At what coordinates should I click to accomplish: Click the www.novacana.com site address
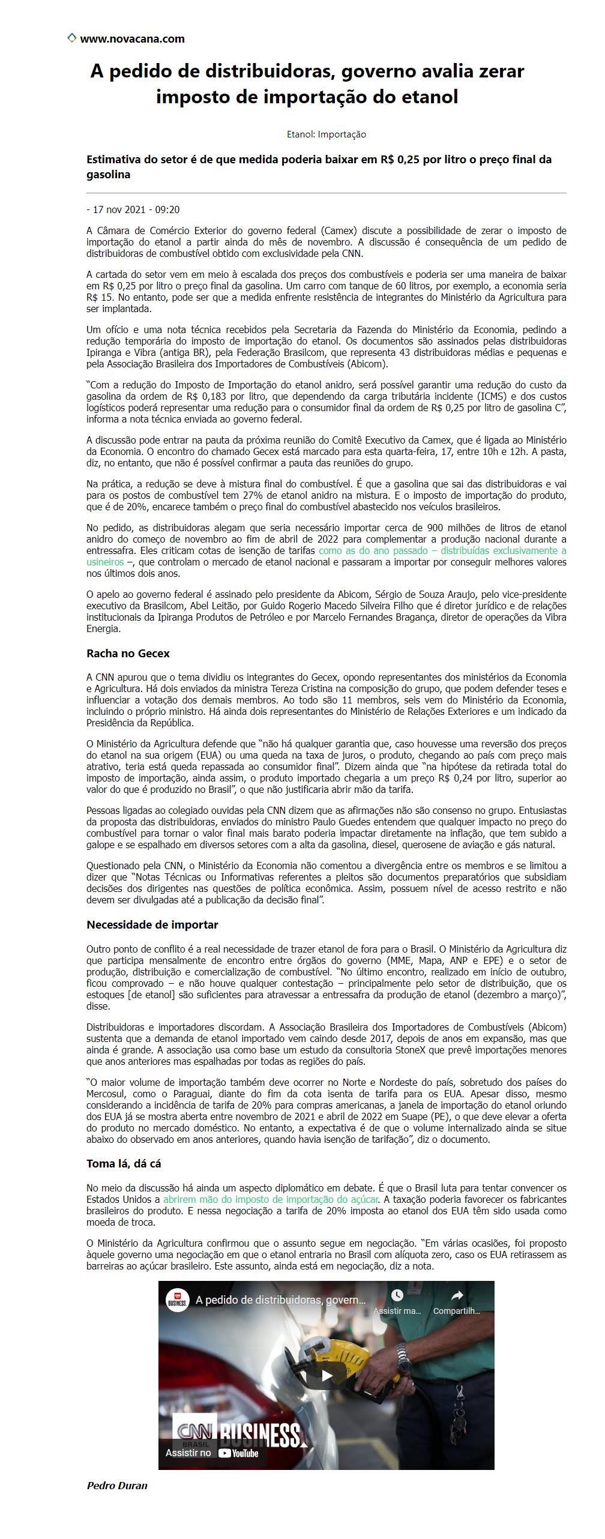pos(132,39)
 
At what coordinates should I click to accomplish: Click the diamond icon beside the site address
pos(71,38)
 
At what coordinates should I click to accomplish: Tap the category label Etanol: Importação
pos(326,134)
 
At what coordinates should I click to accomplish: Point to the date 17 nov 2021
pos(119,209)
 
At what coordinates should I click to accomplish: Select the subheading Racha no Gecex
pos(128,653)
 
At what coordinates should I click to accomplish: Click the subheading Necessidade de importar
pos(152,924)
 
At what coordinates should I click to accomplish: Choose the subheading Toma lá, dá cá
pos(124,1163)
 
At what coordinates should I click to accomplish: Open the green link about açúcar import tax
pos(271,1199)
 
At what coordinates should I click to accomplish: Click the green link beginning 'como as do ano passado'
pos(442,550)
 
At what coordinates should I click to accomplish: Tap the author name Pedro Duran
pos(117,1486)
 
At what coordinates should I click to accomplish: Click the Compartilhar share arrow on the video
pos(457,1295)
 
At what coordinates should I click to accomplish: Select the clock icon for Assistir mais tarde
pos(397,1295)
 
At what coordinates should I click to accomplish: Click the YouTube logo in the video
pos(238,1453)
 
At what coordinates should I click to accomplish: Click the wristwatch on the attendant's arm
pos(402,1336)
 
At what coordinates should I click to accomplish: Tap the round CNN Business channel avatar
pos(178,1300)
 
